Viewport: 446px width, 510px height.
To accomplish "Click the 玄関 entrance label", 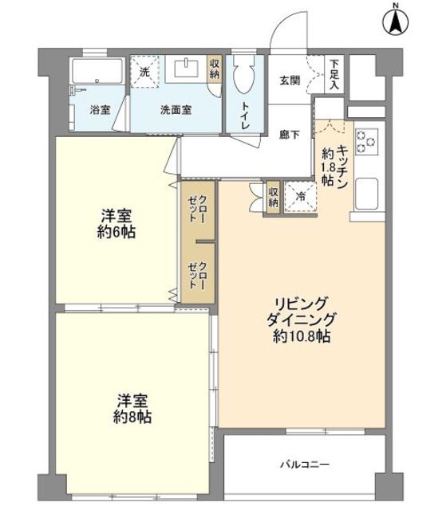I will click(x=289, y=80).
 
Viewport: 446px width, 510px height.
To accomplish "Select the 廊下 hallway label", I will click(x=289, y=135).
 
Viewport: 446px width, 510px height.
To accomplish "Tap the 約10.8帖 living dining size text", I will click(x=301, y=335).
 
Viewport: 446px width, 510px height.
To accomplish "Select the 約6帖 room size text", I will click(x=117, y=233).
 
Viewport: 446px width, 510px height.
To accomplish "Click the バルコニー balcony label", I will click(x=304, y=463).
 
